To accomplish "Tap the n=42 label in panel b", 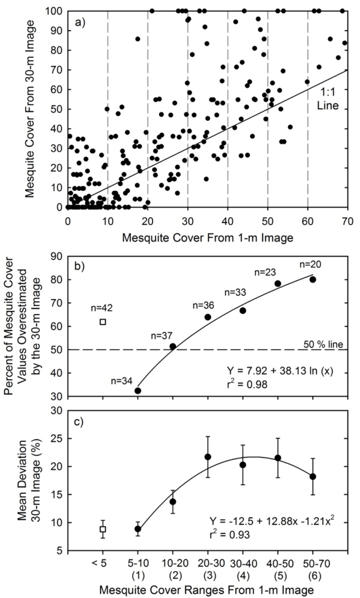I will click(103, 309).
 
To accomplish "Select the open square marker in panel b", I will click(103, 322).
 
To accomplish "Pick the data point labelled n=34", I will click(138, 390).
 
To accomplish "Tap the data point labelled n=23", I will click(278, 283).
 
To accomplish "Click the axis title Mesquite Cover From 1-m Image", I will click(208, 237).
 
